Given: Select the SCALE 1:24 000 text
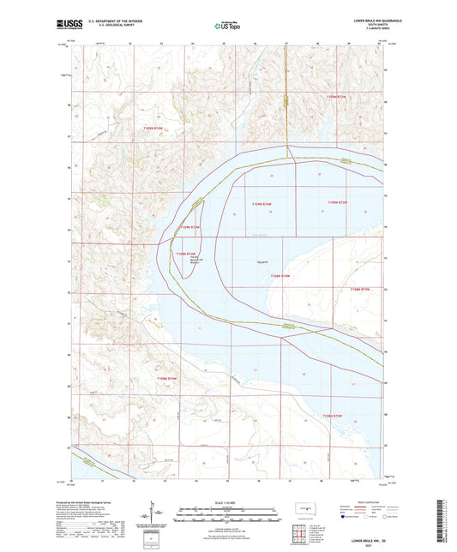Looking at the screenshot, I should click(x=227, y=501).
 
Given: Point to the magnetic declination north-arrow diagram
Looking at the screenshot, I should click(x=156, y=514).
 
